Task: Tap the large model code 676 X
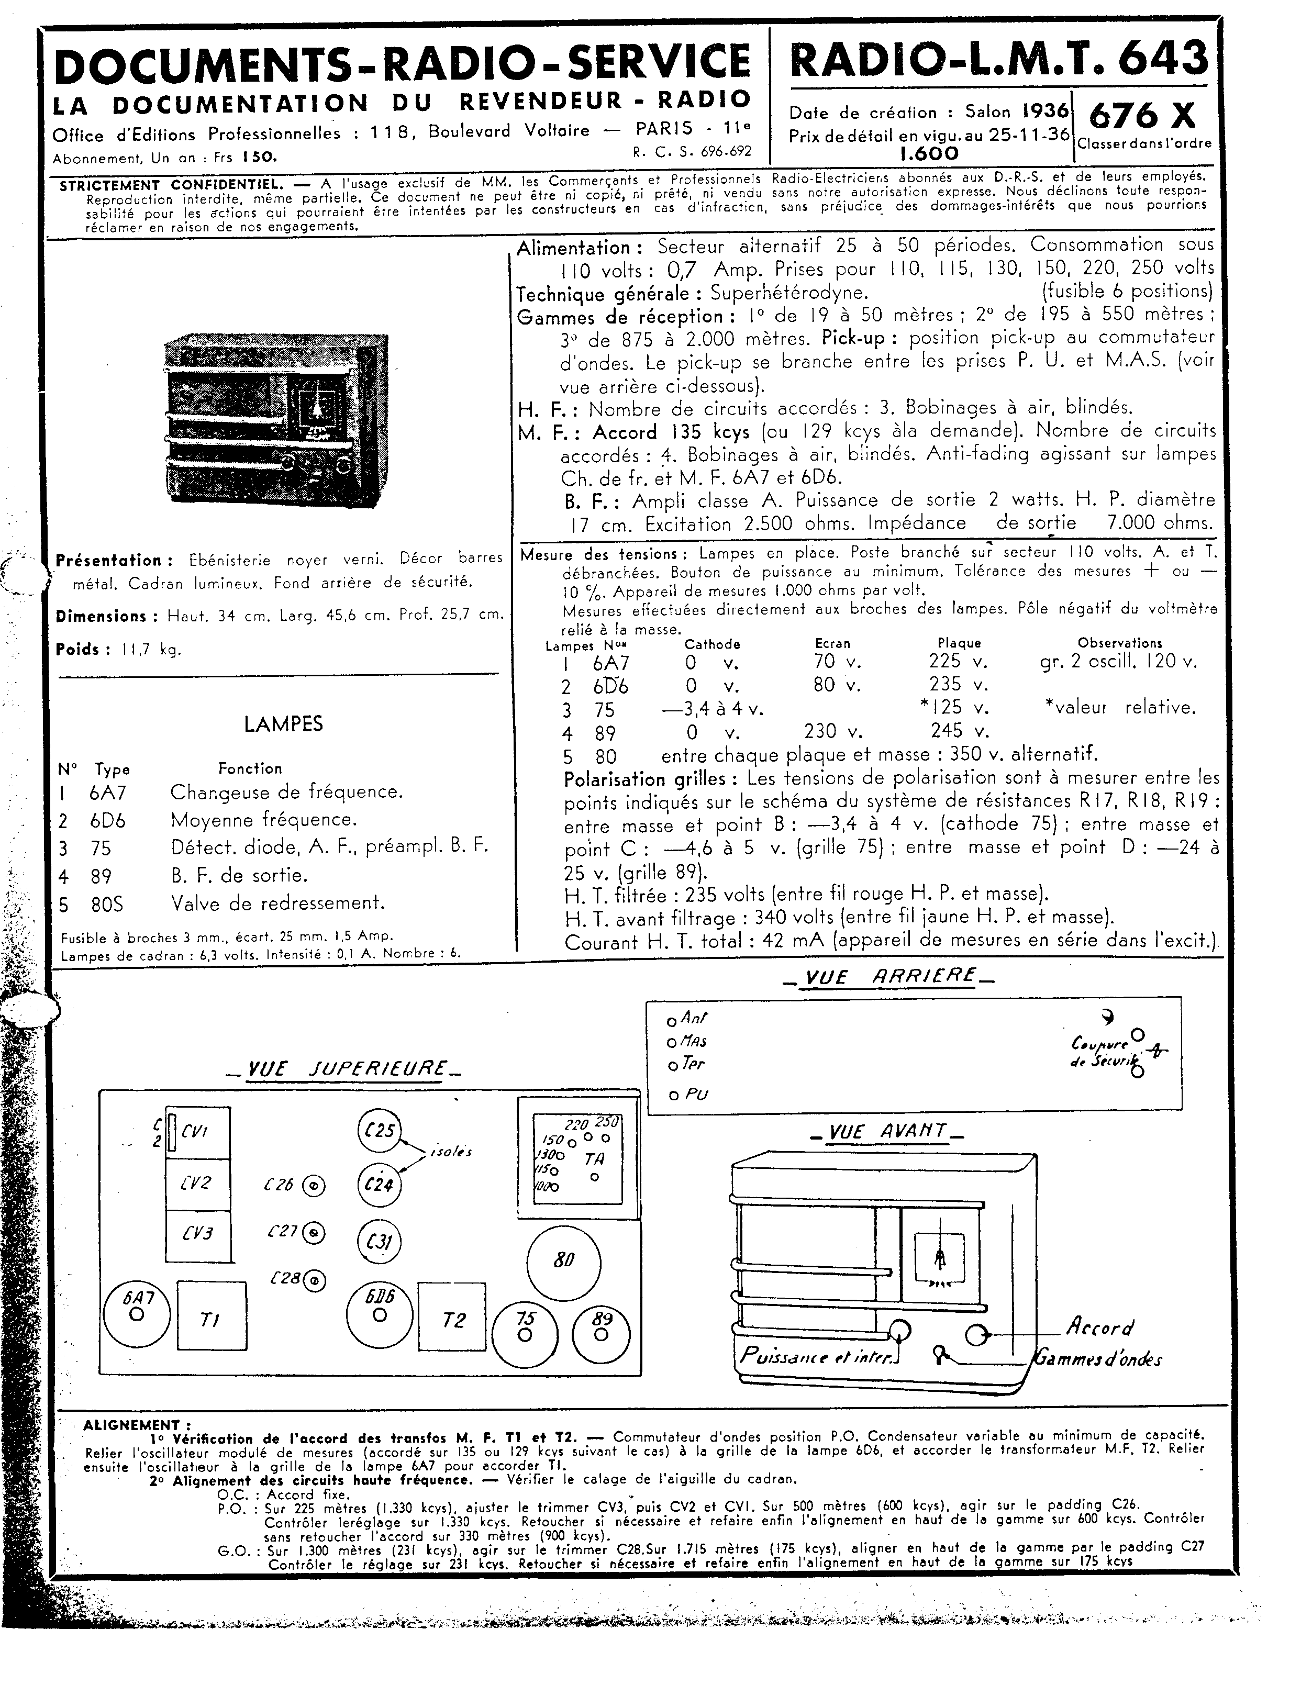(1142, 117)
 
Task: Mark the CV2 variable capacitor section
(197, 1184)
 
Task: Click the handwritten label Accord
(1099, 1327)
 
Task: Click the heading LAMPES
(283, 724)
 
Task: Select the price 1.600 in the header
(929, 153)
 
